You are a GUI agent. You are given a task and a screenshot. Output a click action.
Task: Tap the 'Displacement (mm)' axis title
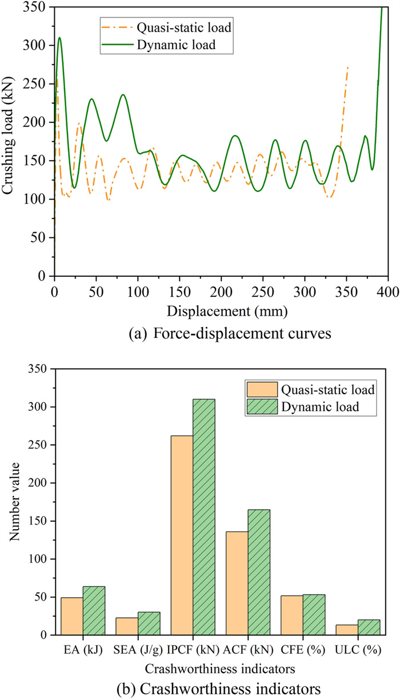221,312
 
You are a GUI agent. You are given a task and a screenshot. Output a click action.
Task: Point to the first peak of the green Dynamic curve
59,38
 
